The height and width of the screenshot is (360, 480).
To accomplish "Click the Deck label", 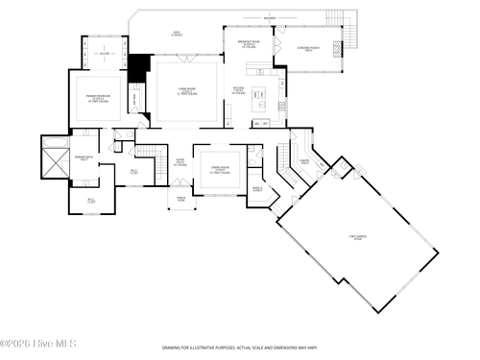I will point(177,34).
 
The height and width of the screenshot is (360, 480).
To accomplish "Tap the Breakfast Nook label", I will point(248,43).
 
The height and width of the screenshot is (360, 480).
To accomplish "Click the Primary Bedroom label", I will point(93,99).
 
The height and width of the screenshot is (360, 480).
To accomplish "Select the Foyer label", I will point(179,163).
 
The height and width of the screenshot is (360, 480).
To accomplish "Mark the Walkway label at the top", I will point(271,16).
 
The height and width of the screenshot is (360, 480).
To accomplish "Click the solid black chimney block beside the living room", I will point(139,69).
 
